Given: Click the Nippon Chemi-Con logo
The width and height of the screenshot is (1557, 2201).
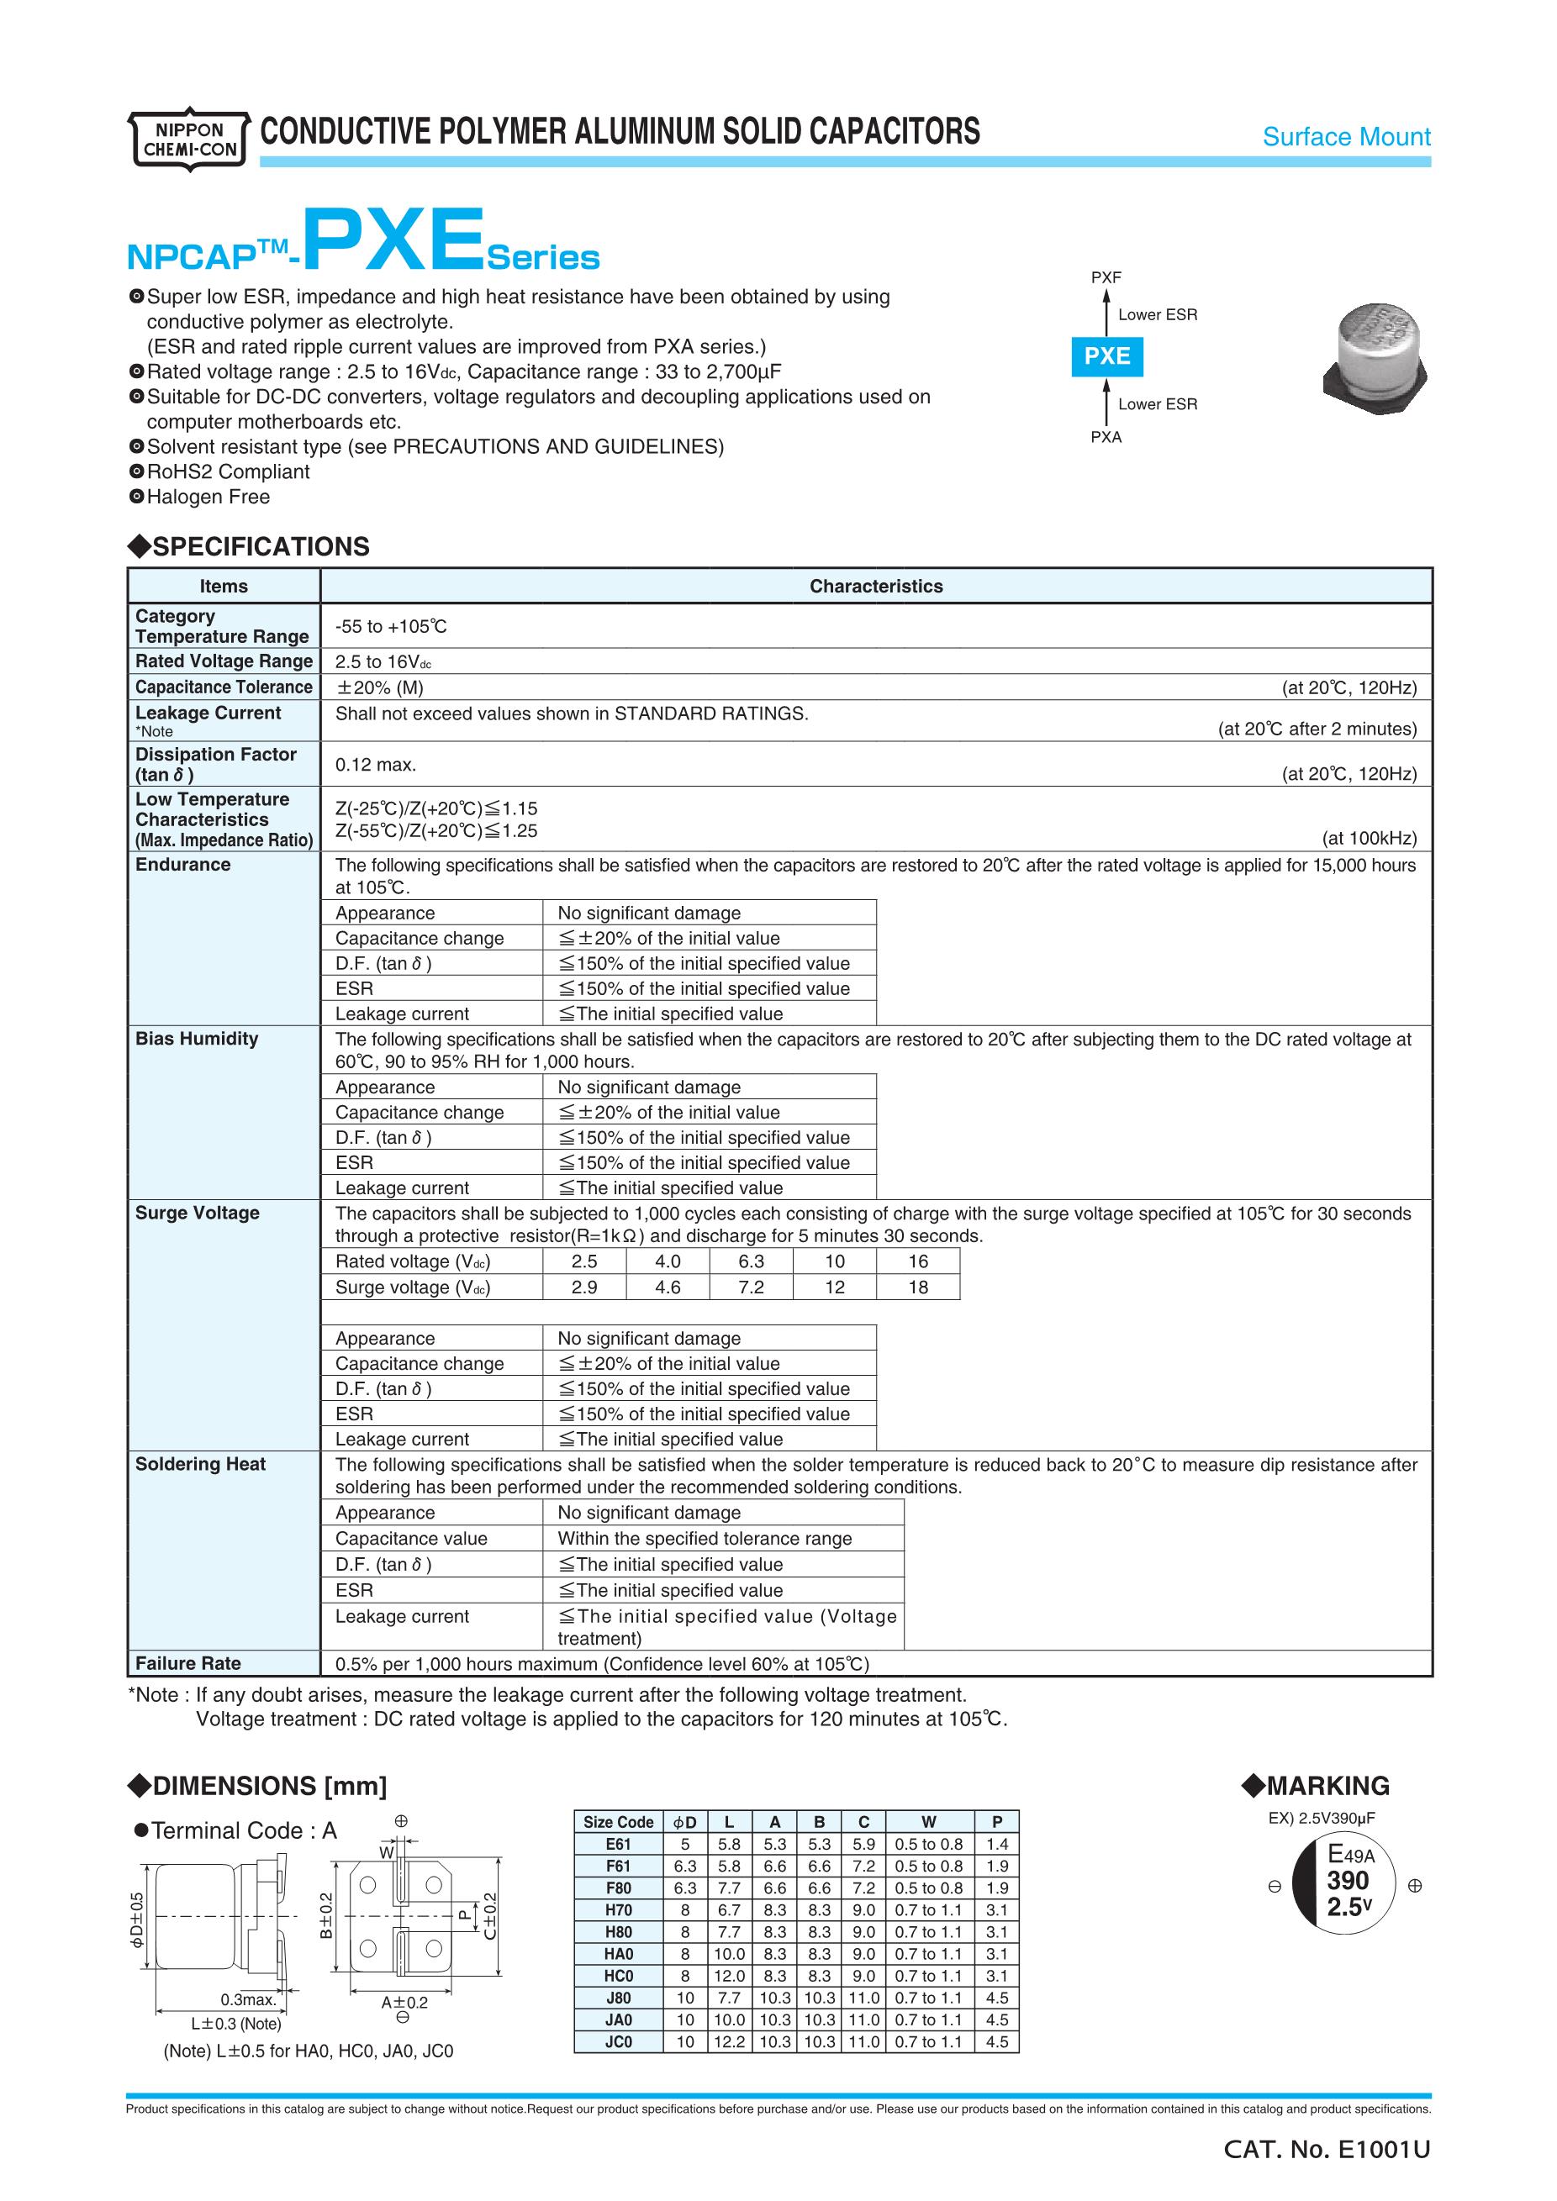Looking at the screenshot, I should [x=189, y=139].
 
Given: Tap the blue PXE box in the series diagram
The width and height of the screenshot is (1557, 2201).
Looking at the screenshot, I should [x=1106, y=356].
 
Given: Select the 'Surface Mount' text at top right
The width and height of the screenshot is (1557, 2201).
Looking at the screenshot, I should [x=1345, y=137].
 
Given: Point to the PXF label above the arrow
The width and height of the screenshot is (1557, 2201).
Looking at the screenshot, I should [x=1106, y=278].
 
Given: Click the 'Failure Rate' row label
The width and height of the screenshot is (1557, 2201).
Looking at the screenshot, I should [x=188, y=1663].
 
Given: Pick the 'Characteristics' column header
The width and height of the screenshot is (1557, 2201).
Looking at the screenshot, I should [x=875, y=587].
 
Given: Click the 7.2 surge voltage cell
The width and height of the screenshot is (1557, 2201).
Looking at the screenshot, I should [x=751, y=1287].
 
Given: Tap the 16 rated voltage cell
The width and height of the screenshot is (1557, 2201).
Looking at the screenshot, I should [x=917, y=1261].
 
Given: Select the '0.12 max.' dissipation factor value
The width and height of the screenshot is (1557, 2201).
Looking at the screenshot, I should [x=375, y=765].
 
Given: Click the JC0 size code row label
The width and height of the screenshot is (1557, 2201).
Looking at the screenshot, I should [x=619, y=2042].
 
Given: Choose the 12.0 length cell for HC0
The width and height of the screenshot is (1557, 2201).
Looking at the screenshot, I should [x=729, y=1976].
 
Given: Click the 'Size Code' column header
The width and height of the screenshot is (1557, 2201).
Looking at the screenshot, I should [x=619, y=1822].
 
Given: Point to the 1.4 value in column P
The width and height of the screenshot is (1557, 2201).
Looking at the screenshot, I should [x=996, y=1845].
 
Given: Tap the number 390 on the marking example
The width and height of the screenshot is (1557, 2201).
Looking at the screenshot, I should [x=1347, y=1881].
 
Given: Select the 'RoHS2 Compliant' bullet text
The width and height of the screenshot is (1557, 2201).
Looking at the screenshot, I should [x=227, y=471].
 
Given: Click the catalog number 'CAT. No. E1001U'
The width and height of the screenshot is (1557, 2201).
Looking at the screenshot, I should [x=1326, y=2151].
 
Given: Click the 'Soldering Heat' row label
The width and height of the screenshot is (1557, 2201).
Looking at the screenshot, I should [x=199, y=1464].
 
